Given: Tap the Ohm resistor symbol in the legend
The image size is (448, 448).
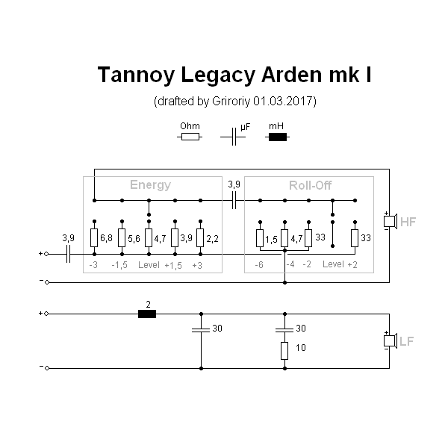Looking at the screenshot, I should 190,137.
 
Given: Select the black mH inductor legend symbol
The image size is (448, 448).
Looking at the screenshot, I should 278,137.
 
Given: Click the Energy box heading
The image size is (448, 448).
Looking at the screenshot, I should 150,185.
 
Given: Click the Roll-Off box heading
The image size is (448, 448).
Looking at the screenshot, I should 310,185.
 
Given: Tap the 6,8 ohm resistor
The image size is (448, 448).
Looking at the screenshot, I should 94,238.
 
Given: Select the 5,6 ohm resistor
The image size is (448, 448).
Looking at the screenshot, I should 122,238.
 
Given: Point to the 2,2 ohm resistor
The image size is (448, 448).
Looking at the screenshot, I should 200,238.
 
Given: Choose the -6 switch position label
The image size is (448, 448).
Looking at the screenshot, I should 258,265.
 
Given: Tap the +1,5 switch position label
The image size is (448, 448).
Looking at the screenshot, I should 173,265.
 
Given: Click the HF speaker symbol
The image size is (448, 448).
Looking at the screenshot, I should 388,222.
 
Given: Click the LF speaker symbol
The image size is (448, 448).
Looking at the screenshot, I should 388,341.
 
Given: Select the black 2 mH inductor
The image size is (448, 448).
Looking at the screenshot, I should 147,314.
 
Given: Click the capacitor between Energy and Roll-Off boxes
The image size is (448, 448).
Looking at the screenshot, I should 234,200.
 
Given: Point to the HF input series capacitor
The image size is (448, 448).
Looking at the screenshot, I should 68,254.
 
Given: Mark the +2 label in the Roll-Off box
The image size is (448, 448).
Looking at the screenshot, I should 353,265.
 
